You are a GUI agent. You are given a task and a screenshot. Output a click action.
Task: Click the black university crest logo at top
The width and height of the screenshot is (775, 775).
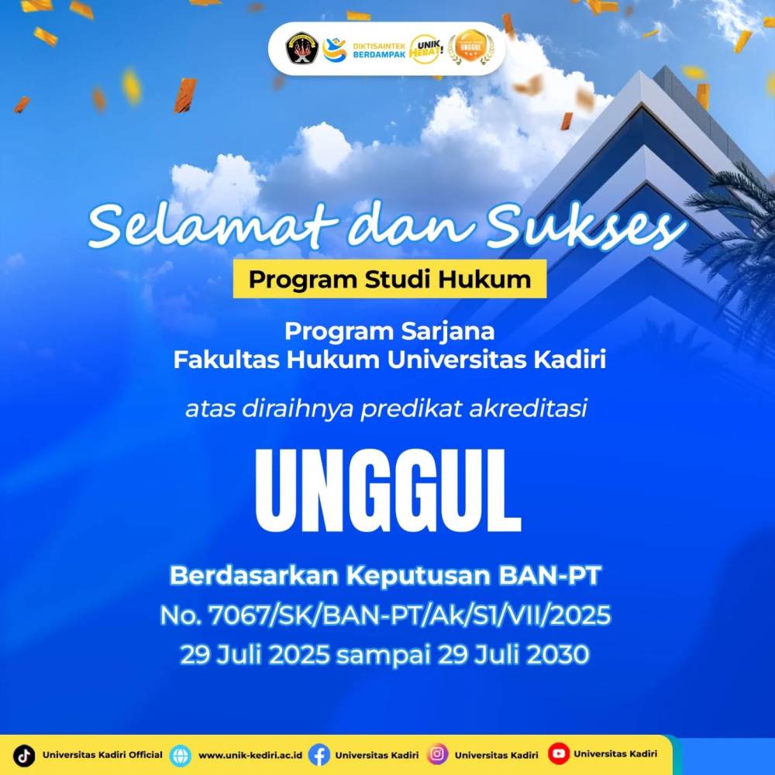[301, 48]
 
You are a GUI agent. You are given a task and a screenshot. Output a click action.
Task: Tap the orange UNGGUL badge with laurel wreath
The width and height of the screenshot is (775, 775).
[470, 48]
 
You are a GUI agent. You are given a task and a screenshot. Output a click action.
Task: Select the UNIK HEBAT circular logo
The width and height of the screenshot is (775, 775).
[425, 48]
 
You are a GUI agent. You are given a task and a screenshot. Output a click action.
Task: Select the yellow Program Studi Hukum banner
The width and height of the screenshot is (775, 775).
[389, 279]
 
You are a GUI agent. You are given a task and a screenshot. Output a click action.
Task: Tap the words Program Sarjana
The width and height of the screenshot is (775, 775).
[389, 331]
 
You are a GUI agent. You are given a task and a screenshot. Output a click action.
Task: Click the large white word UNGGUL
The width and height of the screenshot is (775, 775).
[387, 490]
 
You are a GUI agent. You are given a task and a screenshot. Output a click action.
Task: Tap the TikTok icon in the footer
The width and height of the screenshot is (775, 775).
[26, 754]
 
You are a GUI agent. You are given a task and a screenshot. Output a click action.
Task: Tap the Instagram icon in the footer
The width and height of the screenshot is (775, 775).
[439, 754]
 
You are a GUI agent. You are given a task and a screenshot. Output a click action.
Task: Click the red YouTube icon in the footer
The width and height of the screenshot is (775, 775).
[558, 753]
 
